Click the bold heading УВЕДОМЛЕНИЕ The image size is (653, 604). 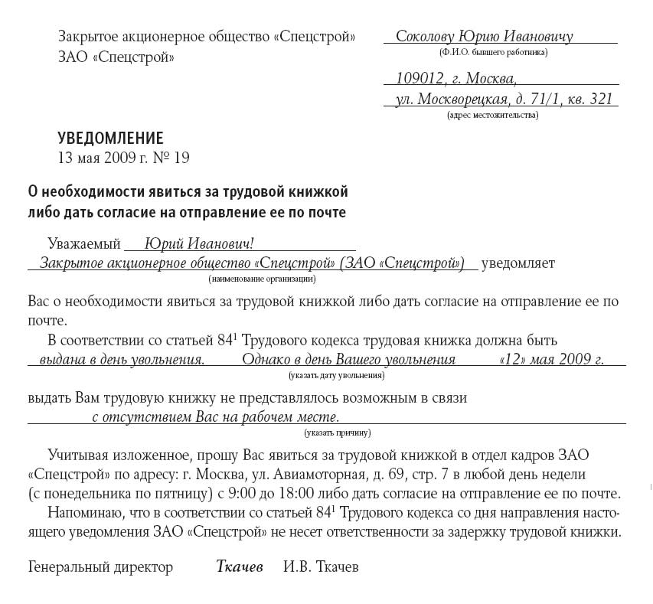[110, 139]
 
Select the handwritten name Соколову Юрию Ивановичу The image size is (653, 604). [484, 37]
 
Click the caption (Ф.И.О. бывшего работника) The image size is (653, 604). [493, 53]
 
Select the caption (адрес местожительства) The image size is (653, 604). [492, 116]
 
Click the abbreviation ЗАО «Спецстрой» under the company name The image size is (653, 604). [116, 57]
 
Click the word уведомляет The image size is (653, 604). [518, 263]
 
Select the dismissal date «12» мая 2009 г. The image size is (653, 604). [550, 360]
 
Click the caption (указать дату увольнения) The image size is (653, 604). [337, 376]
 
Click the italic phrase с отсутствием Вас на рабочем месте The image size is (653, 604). [215, 417]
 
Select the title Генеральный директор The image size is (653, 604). [100, 567]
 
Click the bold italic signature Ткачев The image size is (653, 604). [240, 567]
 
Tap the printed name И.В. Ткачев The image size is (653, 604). [321, 567]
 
